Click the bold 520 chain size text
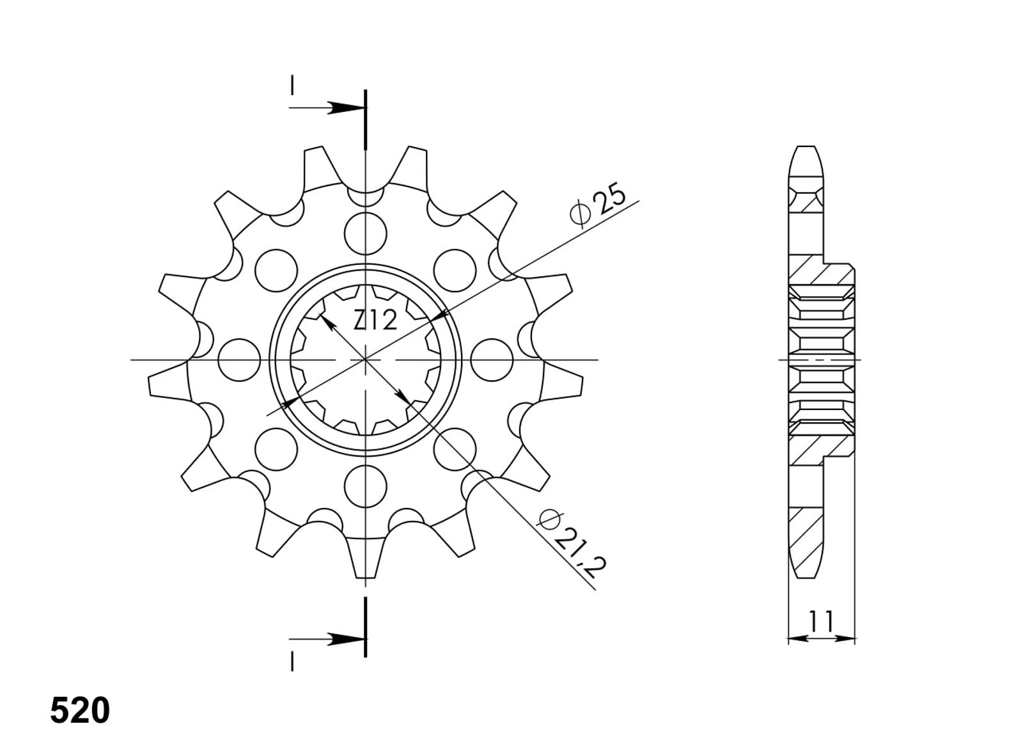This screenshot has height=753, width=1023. tap(80, 711)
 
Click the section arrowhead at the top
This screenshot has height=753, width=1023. tap(347, 108)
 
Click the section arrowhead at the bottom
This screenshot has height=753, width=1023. tap(347, 639)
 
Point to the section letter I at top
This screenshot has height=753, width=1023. tap(292, 86)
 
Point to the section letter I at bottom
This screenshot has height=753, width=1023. tap(292, 661)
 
